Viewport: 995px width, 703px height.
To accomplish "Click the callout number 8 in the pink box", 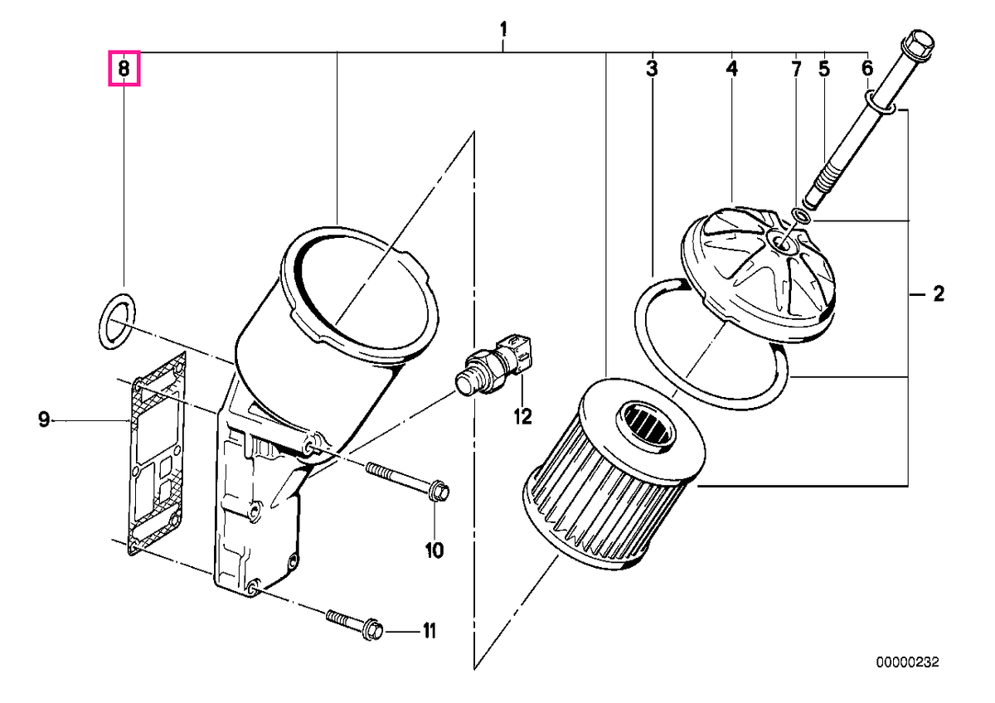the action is click(124, 69).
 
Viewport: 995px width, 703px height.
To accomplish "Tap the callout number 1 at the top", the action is click(503, 30).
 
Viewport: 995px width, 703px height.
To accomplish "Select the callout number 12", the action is click(522, 416).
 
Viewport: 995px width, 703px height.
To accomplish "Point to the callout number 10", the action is click(434, 551).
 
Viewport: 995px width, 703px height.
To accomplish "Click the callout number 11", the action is click(430, 631).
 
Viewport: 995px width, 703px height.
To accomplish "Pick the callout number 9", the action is click(43, 419).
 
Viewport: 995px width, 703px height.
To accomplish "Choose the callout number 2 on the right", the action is click(939, 294).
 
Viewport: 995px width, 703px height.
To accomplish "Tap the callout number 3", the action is click(652, 69).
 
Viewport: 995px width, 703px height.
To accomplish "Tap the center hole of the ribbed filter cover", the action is click(780, 243).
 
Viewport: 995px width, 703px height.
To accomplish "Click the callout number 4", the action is click(732, 69).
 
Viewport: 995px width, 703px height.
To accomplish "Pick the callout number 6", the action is click(867, 69).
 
